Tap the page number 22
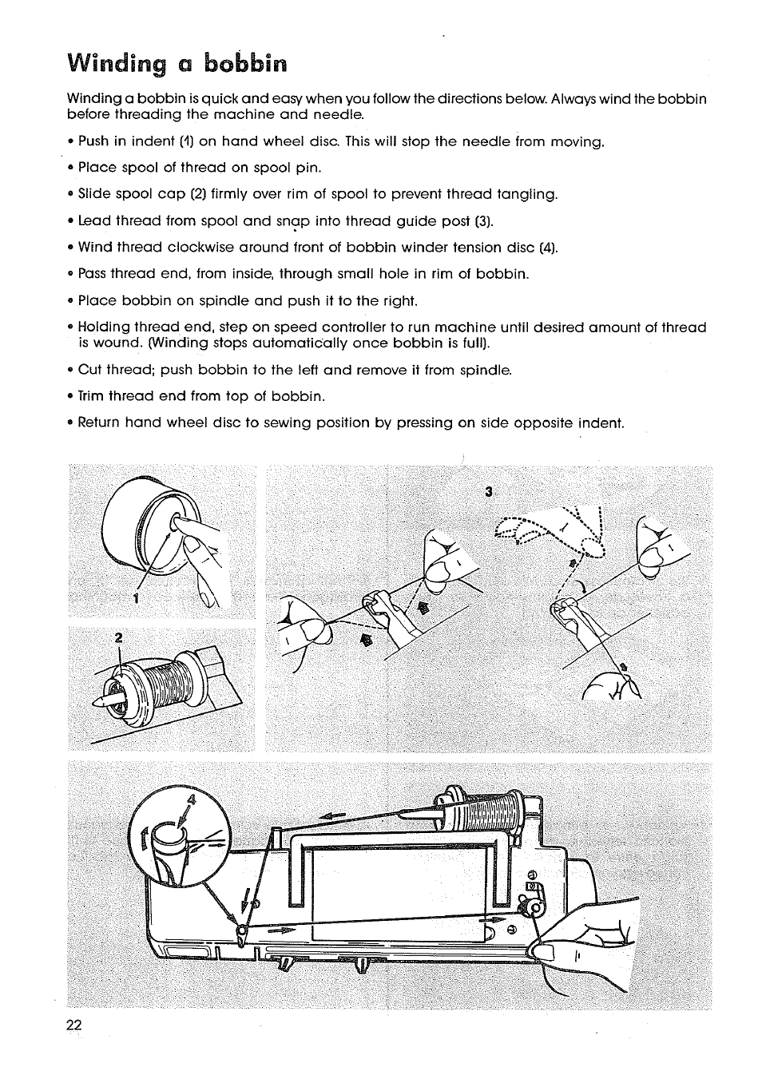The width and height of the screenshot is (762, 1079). pos(74,1026)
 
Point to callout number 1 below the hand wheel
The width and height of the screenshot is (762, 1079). pos(137,599)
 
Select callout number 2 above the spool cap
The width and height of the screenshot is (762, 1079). pos(117,637)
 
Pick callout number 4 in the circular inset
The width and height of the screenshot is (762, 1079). pos(191,799)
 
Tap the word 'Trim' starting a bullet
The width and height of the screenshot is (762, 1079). pos(91,396)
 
